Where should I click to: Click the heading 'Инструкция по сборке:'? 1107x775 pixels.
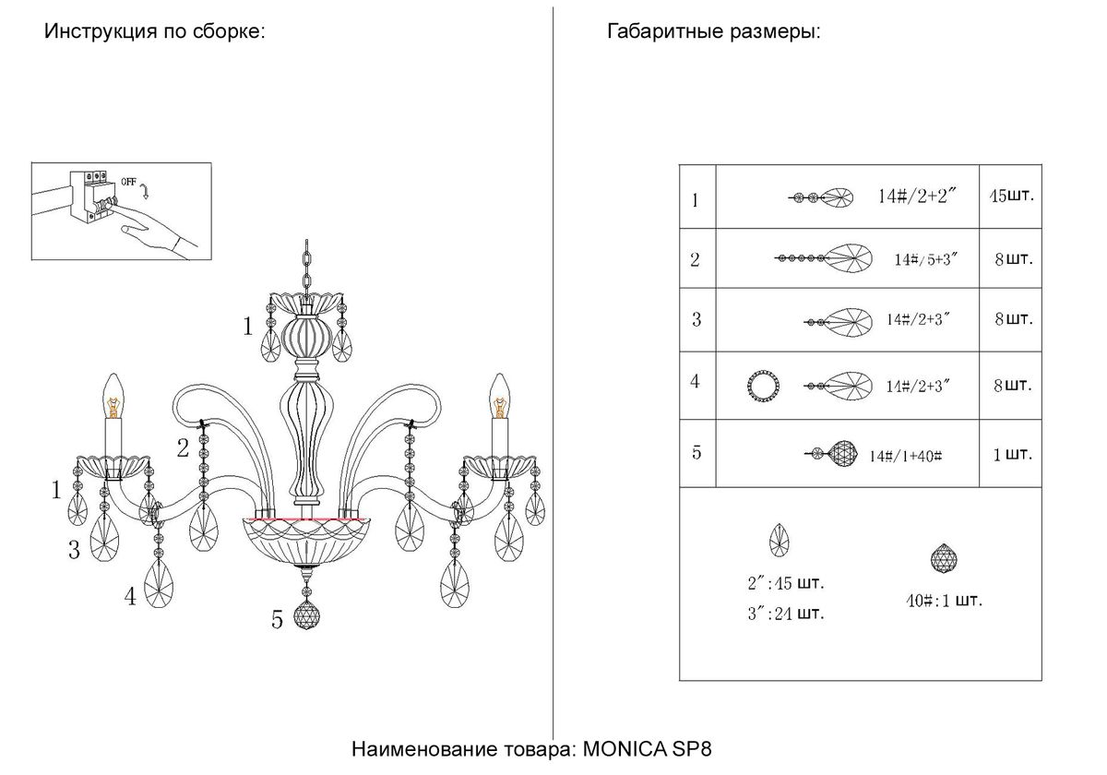pyautogui.click(x=155, y=32)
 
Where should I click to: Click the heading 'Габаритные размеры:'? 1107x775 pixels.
pyautogui.click(x=713, y=32)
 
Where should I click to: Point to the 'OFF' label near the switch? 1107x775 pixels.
pyautogui.click(x=127, y=182)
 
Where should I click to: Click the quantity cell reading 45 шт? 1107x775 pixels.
pyautogui.click(x=1010, y=197)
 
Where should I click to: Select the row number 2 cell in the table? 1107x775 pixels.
pyautogui.click(x=696, y=259)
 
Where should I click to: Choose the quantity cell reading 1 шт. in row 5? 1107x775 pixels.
pyautogui.click(x=1013, y=454)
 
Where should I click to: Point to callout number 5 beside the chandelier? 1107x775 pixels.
pyautogui.click(x=277, y=620)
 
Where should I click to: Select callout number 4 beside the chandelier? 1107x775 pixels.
pyautogui.click(x=131, y=597)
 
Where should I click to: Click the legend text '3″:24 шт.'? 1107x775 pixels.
pyautogui.click(x=787, y=614)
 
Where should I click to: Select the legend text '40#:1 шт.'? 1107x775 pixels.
pyautogui.click(x=944, y=601)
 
